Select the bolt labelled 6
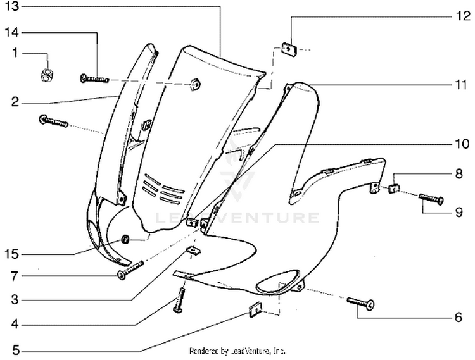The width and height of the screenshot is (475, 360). (361, 304)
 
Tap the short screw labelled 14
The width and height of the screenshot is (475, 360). (94, 78)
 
